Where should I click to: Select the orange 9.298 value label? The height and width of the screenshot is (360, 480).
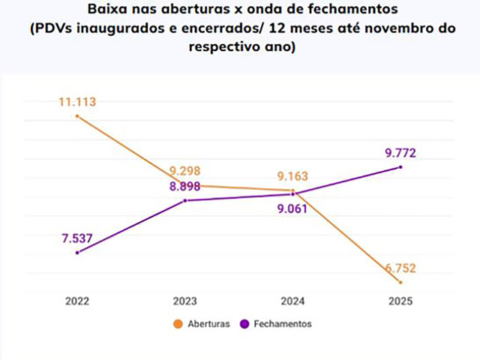tap(184, 170)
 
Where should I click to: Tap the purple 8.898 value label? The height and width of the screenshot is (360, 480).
tap(184, 186)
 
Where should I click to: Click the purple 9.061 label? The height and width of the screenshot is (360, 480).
tap(292, 210)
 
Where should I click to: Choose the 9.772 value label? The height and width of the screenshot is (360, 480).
tap(400, 154)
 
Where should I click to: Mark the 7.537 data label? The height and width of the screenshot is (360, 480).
tap(77, 238)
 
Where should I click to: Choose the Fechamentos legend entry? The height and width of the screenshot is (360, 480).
tap(281, 324)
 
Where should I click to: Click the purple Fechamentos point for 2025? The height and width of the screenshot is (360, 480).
tap(400, 166)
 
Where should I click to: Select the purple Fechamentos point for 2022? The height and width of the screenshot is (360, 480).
tap(77, 253)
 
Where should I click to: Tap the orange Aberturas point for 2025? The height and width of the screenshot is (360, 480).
tap(400, 282)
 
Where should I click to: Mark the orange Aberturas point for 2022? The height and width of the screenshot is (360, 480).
tap(77, 116)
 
